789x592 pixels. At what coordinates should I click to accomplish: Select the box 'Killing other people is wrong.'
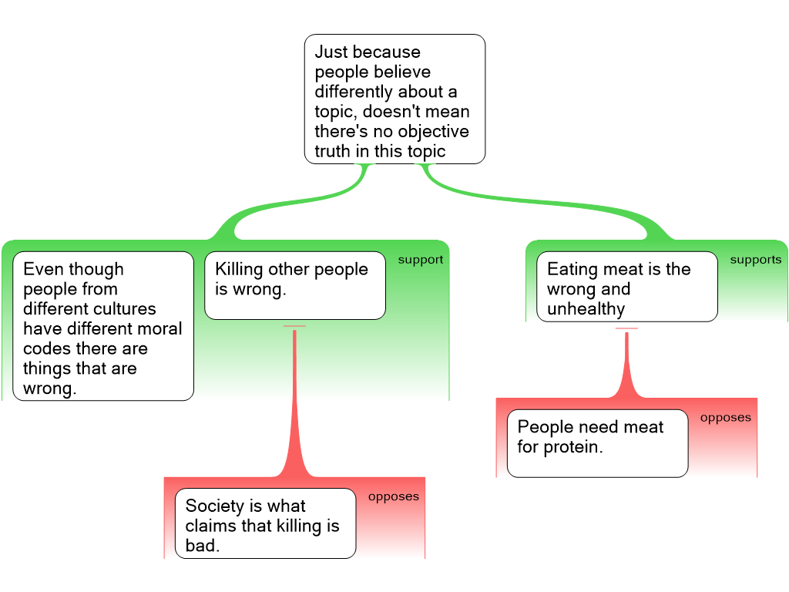pyautogui.click(x=294, y=285)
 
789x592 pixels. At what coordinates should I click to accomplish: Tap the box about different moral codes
pyautogui.click(x=103, y=326)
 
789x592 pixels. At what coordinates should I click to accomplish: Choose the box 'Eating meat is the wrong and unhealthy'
pyautogui.click(x=626, y=287)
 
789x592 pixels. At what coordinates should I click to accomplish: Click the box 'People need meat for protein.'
pyautogui.click(x=597, y=443)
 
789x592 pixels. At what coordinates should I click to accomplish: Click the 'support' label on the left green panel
pyautogui.click(x=420, y=260)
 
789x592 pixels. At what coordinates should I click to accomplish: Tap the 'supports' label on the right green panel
pyautogui.click(x=755, y=260)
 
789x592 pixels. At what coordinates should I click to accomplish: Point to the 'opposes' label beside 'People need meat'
pyautogui.click(x=725, y=418)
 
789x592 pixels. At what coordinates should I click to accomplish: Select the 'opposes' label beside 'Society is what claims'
pyautogui.click(x=393, y=496)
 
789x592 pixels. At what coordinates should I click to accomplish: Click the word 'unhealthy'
pyautogui.click(x=586, y=309)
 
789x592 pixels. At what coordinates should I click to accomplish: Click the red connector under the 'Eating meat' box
pyautogui.click(x=626, y=362)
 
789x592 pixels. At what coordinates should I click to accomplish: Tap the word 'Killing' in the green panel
pyautogui.click(x=239, y=269)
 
